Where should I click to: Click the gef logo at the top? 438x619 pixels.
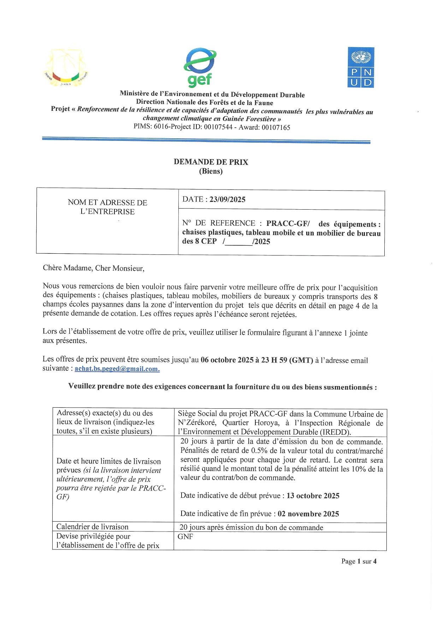pyautogui.click(x=200, y=67)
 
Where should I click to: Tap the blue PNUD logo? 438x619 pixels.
pyautogui.click(x=361, y=67)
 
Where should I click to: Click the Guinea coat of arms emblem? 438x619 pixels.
pyautogui.click(x=67, y=67)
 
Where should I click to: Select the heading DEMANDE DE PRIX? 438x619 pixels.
pyautogui.click(x=211, y=162)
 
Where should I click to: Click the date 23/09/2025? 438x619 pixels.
pyautogui.click(x=227, y=199)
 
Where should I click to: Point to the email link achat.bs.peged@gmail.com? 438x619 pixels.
pyautogui.click(x=117, y=369)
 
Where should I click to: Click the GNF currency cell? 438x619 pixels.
pyautogui.click(x=185, y=536)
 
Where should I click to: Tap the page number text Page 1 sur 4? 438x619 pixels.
pyautogui.click(x=359, y=561)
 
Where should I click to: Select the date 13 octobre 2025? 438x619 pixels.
pyautogui.click(x=313, y=496)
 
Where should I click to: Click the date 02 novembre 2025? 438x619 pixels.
pyautogui.click(x=308, y=514)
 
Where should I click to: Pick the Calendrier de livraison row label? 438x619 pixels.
pyautogui.click(x=93, y=527)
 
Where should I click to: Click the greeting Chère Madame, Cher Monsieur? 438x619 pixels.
pyautogui.click(x=94, y=268)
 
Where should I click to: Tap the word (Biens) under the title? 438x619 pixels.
pyautogui.click(x=211, y=171)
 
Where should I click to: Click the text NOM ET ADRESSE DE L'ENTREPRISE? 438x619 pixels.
pyautogui.click(x=107, y=207)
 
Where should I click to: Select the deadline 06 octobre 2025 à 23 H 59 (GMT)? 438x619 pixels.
pyautogui.click(x=257, y=360)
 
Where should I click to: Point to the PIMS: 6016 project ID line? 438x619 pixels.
pyautogui.click(x=212, y=127)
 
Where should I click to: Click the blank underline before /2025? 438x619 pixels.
pyautogui.click(x=239, y=242)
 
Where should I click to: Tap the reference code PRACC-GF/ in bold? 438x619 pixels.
pyautogui.click(x=288, y=223)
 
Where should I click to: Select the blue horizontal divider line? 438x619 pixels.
pyautogui.click(x=206, y=140)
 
